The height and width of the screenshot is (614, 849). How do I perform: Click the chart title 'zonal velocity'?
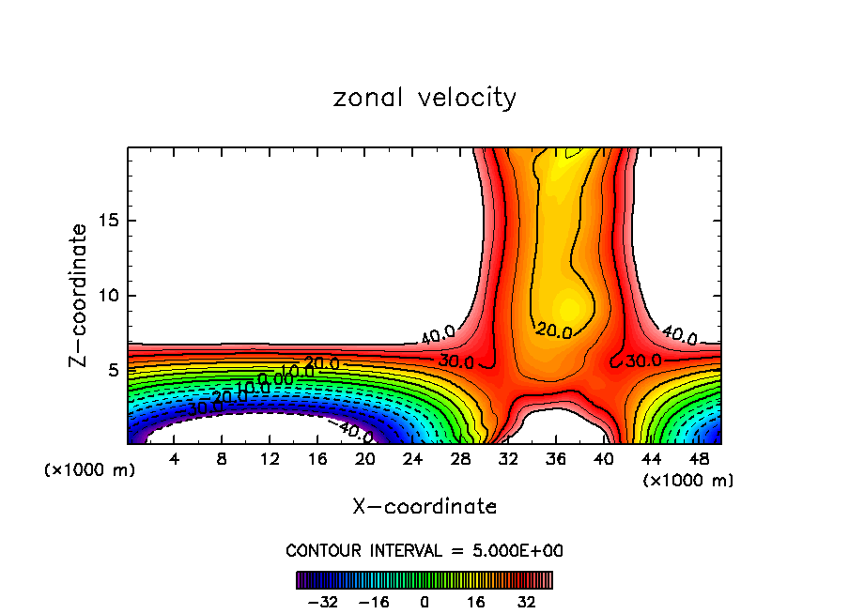tap(424, 98)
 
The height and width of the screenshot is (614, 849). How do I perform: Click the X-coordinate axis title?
tap(424, 507)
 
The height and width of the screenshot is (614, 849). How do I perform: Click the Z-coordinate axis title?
tap(79, 295)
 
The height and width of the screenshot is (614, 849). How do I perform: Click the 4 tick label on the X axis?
tap(174, 459)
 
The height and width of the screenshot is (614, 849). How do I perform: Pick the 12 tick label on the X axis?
tap(269, 459)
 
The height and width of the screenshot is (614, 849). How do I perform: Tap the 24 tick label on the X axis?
tap(412, 459)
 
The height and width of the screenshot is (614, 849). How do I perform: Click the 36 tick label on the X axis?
tap(555, 459)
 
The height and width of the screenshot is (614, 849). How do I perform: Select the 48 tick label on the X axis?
tap(699, 459)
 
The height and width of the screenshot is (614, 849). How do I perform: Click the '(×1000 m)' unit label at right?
tap(688, 481)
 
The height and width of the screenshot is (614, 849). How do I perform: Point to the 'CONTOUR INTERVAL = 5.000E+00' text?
tap(424, 550)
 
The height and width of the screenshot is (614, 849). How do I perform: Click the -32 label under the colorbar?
tap(322, 602)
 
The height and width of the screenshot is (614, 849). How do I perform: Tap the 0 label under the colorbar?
tap(424, 602)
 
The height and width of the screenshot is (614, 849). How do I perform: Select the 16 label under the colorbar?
tap(476, 602)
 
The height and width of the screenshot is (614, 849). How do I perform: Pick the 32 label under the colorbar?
tap(527, 602)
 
